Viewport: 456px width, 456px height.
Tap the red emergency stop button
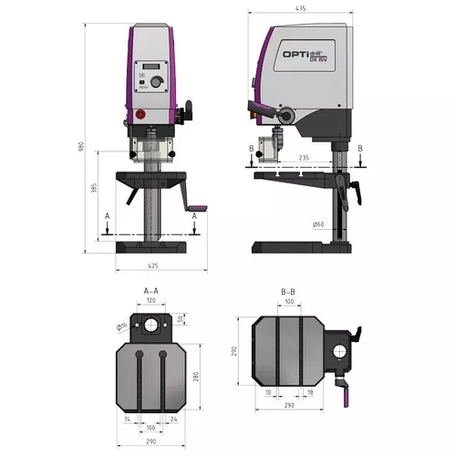(139, 115)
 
